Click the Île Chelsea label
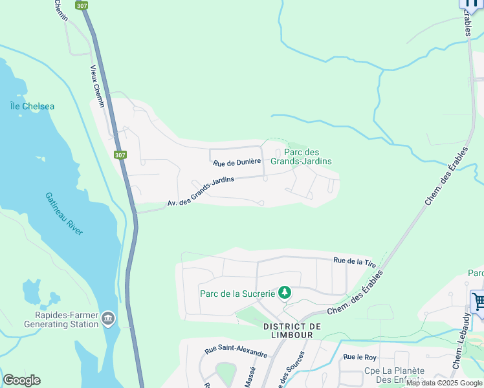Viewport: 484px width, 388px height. click(x=32, y=106)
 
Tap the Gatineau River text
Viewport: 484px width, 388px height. click(x=64, y=213)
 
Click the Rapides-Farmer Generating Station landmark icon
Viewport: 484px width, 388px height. click(x=108, y=318)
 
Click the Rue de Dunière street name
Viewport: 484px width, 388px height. click(x=237, y=162)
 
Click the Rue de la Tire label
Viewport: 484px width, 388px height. click(x=355, y=261)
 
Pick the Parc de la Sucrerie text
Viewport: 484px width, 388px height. click(x=237, y=293)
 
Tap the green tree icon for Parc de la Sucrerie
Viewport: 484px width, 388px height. click(x=284, y=293)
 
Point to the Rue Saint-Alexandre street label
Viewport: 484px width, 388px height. click(x=236, y=352)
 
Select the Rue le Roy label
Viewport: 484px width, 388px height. click(x=360, y=357)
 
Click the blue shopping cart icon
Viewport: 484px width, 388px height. click(x=478, y=301)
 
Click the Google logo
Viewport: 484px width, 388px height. click(x=21, y=380)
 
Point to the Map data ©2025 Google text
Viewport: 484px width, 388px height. click(x=445, y=383)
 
